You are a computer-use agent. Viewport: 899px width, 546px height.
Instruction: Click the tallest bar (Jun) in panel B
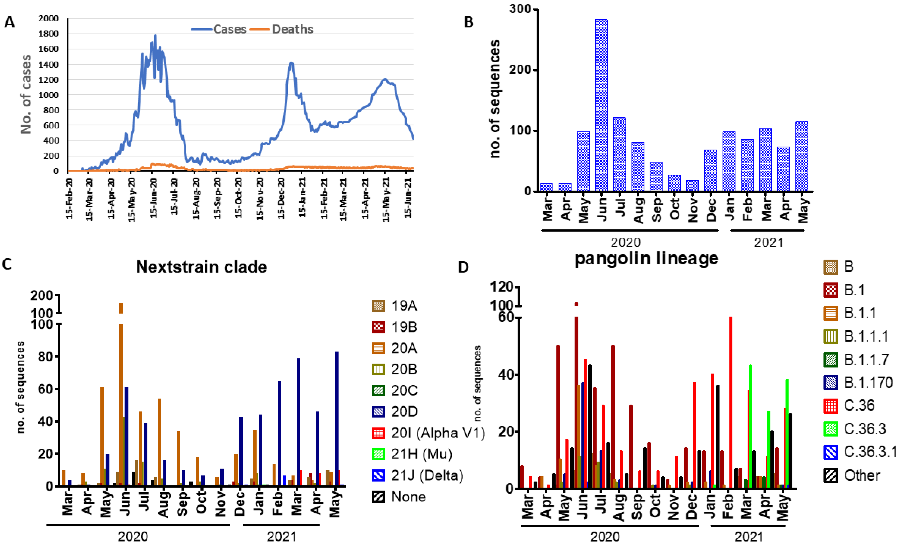[601, 106]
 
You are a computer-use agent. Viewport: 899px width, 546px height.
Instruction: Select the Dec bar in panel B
[710, 170]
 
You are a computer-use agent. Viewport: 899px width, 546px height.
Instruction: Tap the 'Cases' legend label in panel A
[230, 29]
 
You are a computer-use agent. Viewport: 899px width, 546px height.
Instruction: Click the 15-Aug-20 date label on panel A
[196, 199]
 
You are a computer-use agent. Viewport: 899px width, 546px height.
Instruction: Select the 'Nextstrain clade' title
[201, 267]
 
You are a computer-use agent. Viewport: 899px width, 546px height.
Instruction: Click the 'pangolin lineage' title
[646, 258]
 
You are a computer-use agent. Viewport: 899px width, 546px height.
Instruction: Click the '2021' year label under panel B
[768, 243]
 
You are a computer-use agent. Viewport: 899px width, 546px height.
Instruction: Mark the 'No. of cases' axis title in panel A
[26, 94]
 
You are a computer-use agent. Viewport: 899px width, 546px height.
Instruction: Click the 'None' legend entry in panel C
[408, 497]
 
